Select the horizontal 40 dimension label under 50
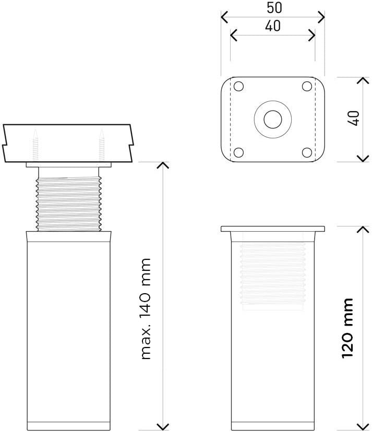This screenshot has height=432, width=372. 272,26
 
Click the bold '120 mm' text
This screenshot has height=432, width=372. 347,328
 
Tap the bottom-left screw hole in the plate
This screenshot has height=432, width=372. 238,152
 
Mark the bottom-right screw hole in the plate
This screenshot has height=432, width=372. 307,152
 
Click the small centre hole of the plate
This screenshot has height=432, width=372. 272,119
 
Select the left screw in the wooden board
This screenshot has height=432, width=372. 35,146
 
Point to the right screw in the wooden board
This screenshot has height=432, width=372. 102,146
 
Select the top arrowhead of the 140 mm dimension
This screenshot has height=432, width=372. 163,165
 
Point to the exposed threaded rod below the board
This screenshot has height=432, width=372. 69,203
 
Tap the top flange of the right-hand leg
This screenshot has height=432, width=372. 273,229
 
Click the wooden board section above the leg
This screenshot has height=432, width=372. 68,142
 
